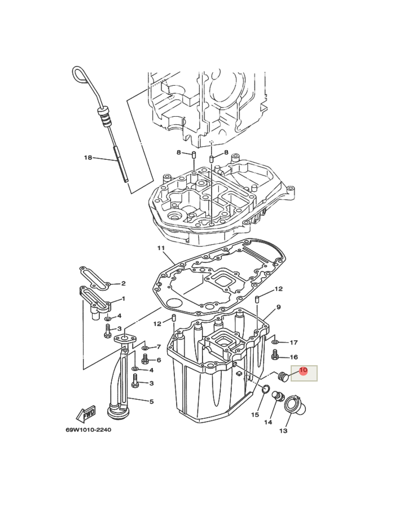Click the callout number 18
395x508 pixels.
tap(87, 157)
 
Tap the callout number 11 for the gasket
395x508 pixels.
tap(160, 248)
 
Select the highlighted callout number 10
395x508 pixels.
tap(303, 371)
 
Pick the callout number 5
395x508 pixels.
tap(151, 401)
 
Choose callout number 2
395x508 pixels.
tap(123, 283)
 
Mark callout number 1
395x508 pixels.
tap(123, 299)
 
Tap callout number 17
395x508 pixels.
tap(293, 343)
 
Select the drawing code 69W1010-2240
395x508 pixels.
tap(88, 430)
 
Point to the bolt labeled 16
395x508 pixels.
tap(275, 355)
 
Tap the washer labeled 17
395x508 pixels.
tap(275, 342)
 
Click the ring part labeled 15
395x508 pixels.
tap(264, 388)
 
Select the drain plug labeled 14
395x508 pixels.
tap(276, 397)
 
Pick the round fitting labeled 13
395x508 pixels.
tap(296, 405)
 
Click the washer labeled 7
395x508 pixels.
tap(145, 347)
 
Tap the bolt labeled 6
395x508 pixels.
tap(144, 359)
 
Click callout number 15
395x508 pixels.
tap(255, 415)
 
